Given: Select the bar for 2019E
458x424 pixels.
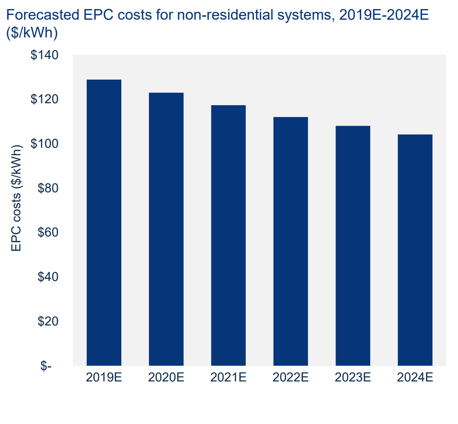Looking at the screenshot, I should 104,223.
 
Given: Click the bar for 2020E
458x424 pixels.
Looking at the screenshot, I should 166,229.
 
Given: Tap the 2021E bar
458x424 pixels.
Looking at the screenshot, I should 228,235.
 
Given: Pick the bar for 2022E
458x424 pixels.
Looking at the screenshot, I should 291,241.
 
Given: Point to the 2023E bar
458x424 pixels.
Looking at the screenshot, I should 353,245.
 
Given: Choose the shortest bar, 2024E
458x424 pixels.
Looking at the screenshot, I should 415,250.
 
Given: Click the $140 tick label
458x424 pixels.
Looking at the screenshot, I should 45,55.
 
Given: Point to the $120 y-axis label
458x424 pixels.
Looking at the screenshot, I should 45,99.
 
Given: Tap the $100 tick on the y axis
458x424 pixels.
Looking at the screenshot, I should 45,144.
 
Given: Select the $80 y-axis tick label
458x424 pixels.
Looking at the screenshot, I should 48,188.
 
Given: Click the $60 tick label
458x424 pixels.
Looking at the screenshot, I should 48,232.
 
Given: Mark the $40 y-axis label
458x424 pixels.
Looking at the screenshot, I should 48,277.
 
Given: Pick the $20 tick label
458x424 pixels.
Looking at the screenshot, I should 48,322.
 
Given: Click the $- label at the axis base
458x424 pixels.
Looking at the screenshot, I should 46,366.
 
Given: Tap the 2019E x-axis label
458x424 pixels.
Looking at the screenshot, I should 104,378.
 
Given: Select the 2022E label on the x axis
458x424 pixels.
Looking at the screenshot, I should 291,378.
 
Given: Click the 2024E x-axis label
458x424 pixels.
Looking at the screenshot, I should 415,378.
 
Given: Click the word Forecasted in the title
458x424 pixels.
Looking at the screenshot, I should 43,15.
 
